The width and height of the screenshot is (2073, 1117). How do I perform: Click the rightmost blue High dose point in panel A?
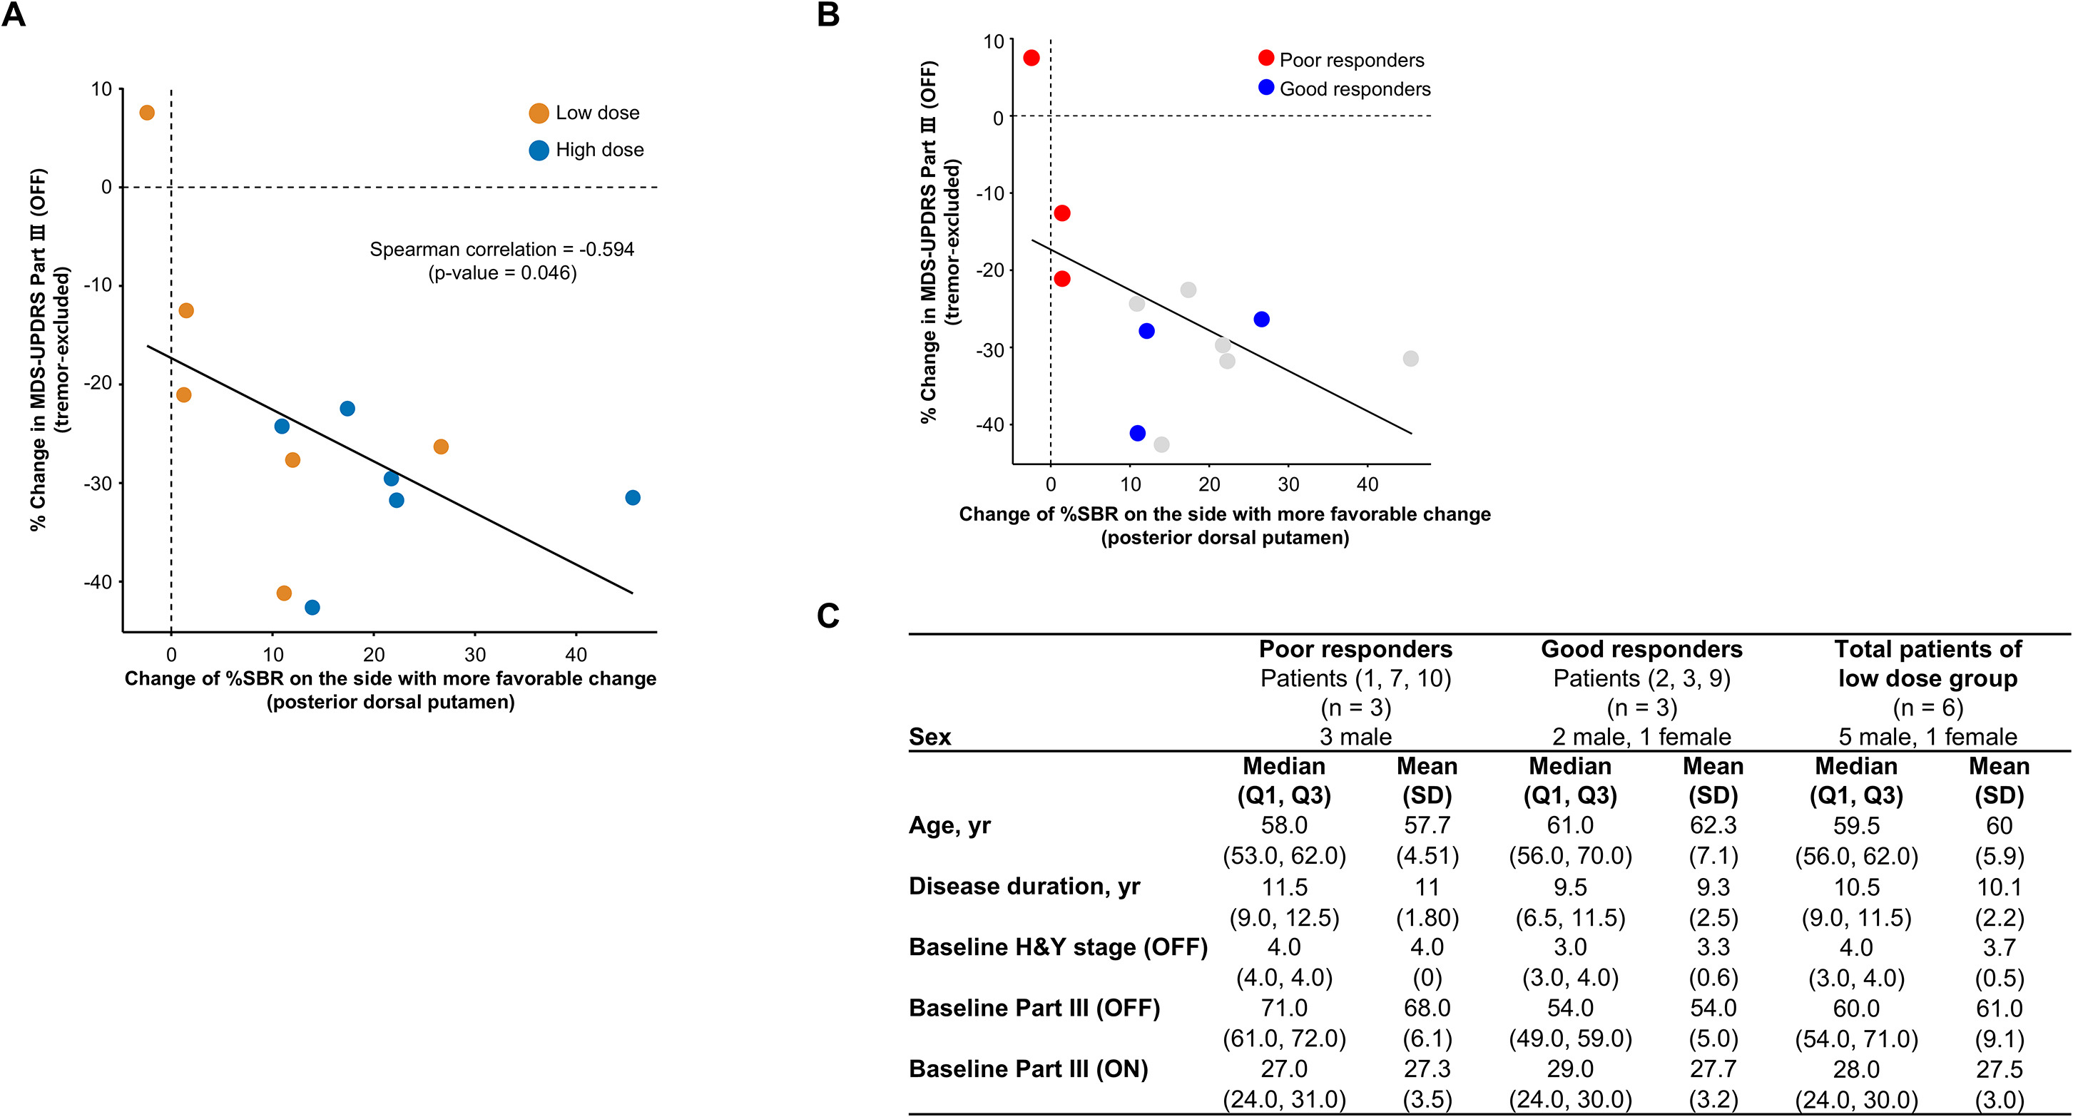pos(633,497)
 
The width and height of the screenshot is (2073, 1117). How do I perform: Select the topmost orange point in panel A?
pos(146,113)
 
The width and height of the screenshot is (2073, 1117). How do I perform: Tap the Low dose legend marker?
pos(539,113)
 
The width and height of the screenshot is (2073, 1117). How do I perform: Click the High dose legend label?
pos(599,150)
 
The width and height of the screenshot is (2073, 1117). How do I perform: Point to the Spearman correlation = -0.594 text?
pos(501,250)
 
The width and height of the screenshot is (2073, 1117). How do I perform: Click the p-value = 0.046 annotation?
pos(502,272)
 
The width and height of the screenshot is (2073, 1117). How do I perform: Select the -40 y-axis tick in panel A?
pos(98,582)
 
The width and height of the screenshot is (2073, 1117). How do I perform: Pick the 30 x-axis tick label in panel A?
pos(475,653)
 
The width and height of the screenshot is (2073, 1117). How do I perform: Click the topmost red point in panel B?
pos(1031,58)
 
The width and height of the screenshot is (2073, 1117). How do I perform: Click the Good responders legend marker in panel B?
pos(1266,88)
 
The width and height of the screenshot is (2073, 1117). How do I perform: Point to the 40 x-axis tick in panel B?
pos(1367,484)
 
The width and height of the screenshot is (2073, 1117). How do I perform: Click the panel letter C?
pos(828,616)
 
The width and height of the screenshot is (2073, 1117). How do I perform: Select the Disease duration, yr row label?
pos(1024,886)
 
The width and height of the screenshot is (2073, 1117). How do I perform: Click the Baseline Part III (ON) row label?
pos(1028,1068)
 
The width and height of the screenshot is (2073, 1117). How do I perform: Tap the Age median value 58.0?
pos(1283,826)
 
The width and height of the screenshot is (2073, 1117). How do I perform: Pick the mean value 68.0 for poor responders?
pos(1427,1009)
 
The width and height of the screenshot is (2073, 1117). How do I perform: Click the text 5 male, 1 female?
pos(1927,736)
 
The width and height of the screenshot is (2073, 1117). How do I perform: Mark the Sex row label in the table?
pos(929,736)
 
